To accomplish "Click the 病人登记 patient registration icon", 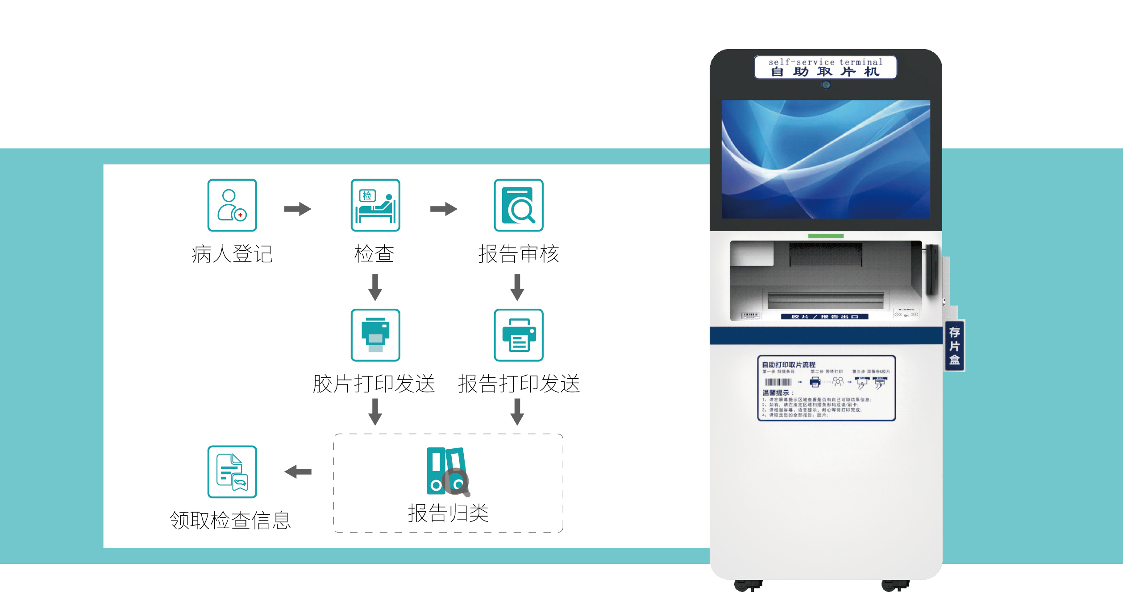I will point(232,205).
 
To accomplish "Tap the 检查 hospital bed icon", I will point(375,205).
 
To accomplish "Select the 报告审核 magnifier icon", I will point(518,205).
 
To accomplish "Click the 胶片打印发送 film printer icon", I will point(375,335).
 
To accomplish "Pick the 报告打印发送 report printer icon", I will point(518,335).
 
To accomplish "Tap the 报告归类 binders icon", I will point(448,471).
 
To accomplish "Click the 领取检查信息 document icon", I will point(232,471).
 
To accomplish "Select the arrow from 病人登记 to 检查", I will point(298,209).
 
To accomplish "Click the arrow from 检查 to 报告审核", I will point(444,209).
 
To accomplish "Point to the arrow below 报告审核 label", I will point(517,287).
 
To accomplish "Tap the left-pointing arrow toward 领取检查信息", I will point(298,471).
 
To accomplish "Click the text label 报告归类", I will point(448,513).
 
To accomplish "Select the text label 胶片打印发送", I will point(374,384).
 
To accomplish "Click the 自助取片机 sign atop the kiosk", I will point(825,67).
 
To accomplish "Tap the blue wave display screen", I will point(826,159).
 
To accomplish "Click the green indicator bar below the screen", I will point(826,236).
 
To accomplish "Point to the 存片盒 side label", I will point(954,346).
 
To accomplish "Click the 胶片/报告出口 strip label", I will point(824,317).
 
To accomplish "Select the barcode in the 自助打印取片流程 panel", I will point(778,382).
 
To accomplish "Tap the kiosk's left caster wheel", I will point(748,585).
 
